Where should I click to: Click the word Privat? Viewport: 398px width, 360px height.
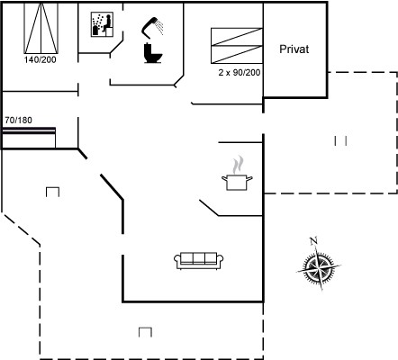coord(294,49)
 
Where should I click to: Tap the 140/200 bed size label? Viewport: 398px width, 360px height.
coord(41,59)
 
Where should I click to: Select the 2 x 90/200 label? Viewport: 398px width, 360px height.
coord(240,73)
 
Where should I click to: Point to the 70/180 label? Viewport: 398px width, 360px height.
coord(18,121)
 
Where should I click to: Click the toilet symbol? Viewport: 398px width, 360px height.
coord(153,53)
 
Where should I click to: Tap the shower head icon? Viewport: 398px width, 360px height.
coord(150,26)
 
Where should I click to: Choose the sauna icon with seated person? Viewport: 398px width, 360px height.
coord(102,24)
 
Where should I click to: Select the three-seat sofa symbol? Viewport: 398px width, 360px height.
coord(199,261)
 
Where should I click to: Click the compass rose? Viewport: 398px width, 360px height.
coord(319,266)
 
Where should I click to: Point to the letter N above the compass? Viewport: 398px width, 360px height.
coord(313,241)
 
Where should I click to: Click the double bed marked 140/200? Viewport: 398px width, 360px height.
coord(41,29)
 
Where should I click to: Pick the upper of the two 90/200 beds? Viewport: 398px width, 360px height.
coord(237,37)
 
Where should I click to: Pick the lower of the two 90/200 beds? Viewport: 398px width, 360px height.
coord(237,55)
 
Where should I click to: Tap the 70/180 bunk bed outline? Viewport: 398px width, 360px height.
coord(29,138)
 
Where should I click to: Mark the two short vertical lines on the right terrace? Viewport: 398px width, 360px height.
coord(340,140)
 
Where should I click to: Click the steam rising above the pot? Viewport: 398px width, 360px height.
coord(238,165)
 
